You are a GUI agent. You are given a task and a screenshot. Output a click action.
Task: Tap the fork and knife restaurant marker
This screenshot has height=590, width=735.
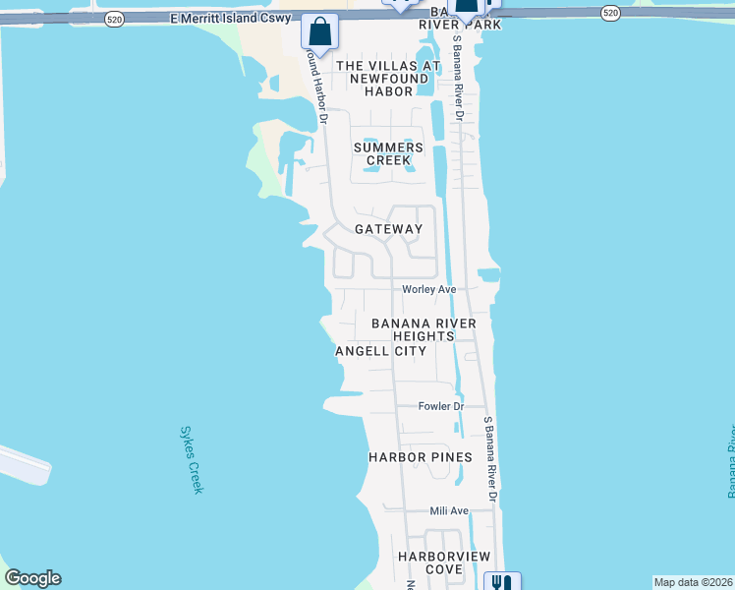(x=503, y=581)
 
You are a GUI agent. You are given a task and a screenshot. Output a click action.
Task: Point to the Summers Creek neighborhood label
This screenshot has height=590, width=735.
(x=394, y=153)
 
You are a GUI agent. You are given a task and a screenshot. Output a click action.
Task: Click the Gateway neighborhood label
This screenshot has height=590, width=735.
(x=388, y=229)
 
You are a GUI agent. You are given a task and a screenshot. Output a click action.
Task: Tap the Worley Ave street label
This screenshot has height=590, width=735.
(x=429, y=289)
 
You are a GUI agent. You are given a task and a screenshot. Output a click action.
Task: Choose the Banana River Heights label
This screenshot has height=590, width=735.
(x=424, y=329)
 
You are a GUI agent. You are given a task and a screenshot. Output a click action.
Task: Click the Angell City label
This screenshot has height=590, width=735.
(x=380, y=351)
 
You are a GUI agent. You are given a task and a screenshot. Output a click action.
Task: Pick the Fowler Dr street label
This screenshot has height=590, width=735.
(x=440, y=406)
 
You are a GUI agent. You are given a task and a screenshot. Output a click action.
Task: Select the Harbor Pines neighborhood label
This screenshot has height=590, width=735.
(x=420, y=457)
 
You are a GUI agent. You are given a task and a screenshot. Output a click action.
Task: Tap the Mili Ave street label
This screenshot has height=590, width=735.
(x=449, y=511)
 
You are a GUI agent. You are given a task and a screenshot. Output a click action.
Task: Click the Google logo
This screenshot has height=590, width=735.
(x=32, y=578)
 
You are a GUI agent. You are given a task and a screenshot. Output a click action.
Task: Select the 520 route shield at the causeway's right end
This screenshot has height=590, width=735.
(x=610, y=12)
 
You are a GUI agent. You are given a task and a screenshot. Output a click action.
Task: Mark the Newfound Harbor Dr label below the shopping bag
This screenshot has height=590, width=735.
(x=316, y=87)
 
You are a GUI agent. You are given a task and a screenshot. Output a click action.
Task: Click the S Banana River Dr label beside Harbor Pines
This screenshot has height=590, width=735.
(x=491, y=462)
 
